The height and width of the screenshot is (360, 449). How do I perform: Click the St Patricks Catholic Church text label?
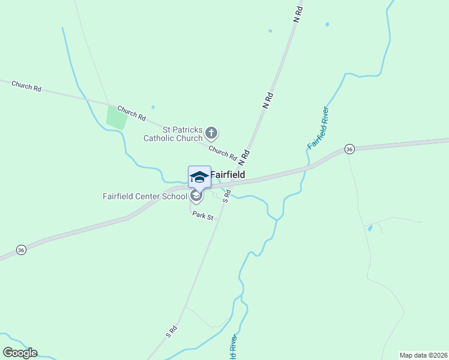coord(173,133)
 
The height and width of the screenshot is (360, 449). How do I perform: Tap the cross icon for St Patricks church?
coord(211,133)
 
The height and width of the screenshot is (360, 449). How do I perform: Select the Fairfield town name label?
coord(228,175)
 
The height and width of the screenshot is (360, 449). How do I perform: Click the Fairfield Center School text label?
coord(145,196)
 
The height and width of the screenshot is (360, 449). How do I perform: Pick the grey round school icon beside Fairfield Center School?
coord(196,196)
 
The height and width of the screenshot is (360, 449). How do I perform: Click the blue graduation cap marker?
coord(199,177)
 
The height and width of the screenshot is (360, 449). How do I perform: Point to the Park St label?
coord(203,215)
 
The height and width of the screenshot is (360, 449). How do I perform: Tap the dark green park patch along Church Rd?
coord(116,117)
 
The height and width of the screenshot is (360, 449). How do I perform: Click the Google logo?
coord(20,353)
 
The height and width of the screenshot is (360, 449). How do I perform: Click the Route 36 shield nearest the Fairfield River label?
coord(349,149)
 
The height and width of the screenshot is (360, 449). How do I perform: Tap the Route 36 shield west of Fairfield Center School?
coord(21,250)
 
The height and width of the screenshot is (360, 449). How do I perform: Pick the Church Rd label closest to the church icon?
coord(223,152)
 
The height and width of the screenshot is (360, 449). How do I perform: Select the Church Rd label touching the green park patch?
coord(131,113)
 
